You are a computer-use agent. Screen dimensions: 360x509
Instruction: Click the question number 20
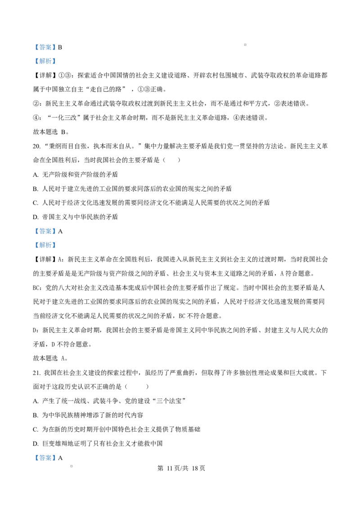[36, 147]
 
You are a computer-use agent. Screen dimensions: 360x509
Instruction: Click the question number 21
[36, 373]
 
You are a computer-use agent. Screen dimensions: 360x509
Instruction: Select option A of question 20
[76, 174]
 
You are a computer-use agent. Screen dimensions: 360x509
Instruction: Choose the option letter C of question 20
[36, 203]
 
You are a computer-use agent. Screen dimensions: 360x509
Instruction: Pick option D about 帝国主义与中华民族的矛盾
[76, 217]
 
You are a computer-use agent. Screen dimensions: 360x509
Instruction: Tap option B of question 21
[88, 415]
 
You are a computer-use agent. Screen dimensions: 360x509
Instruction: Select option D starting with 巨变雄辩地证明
[98, 443]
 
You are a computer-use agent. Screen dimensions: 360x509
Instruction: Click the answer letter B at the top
[60, 47]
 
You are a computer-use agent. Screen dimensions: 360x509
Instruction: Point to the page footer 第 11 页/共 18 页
[181, 468]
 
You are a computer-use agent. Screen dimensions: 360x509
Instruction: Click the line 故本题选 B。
[51, 132]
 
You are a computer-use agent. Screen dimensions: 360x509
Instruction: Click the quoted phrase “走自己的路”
[106, 89]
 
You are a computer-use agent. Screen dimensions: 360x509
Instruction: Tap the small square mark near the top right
[245, 45]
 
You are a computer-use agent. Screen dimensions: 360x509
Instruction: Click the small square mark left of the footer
[72, 466]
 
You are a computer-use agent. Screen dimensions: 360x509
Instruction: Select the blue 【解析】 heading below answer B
[45, 61]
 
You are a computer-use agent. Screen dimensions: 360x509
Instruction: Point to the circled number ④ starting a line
[36, 118]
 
